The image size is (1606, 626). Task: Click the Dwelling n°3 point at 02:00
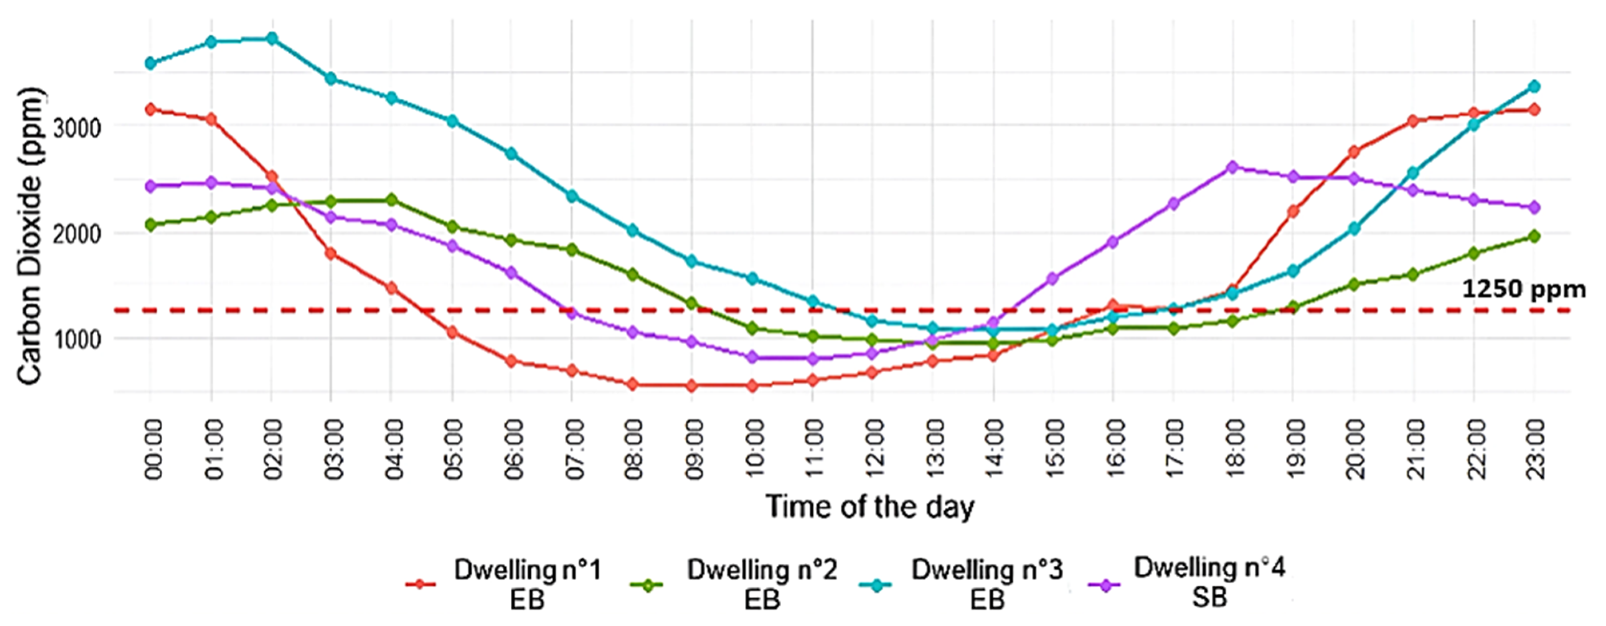(x=272, y=39)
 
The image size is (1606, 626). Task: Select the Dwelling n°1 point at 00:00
(x=149, y=109)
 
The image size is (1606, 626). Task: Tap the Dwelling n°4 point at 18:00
(x=1232, y=167)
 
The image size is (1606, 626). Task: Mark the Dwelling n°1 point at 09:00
(x=691, y=386)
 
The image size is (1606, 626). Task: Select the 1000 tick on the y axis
(x=77, y=340)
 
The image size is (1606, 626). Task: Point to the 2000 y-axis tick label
(x=77, y=234)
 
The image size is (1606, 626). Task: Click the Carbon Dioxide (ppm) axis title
(x=30, y=237)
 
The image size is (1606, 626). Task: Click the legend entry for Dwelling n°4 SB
(x=1187, y=582)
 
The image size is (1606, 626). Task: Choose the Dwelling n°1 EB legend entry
(x=504, y=584)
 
